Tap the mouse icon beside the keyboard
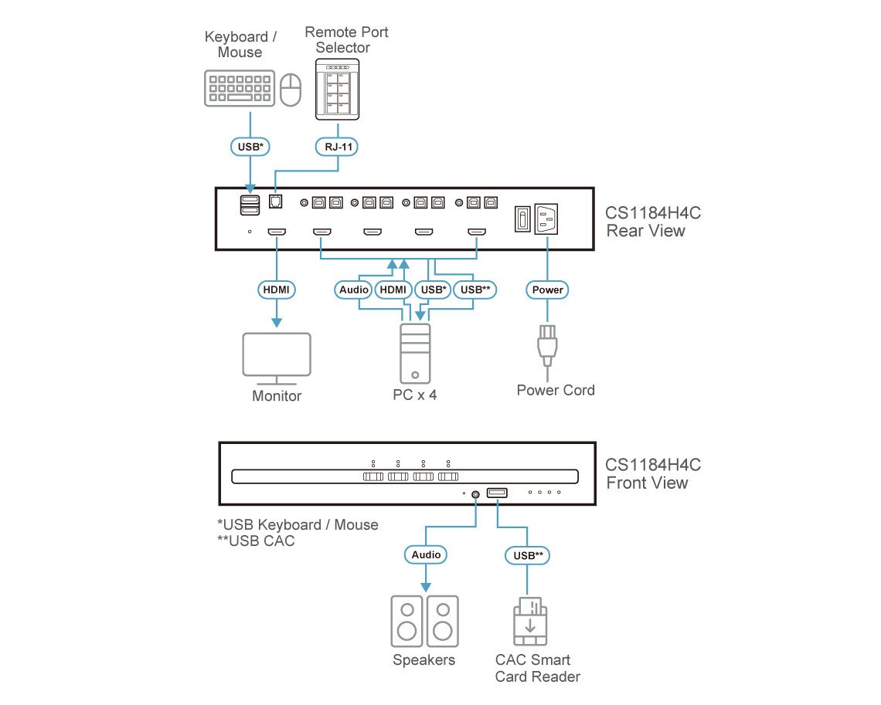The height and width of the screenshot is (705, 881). pyautogui.click(x=290, y=90)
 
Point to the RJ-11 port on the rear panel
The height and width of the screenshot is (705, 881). pyautogui.click(x=275, y=202)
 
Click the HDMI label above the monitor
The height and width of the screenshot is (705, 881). pyautogui.click(x=277, y=290)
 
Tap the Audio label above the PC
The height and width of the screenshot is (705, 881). pyautogui.click(x=354, y=290)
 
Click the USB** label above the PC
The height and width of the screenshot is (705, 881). pyautogui.click(x=475, y=290)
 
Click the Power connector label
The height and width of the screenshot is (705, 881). pyautogui.click(x=547, y=290)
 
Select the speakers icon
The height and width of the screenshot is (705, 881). pyautogui.click(x=424, y=621)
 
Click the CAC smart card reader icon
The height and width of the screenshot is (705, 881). pyautogui.click(x=529, y=622)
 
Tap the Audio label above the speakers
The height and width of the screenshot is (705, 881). pyautogui.click(x=425, y=554)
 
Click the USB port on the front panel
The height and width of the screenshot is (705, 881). pyautogui.click(x=497, y=493)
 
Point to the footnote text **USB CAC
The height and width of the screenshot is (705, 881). pyautogui.click(x=256, y=541)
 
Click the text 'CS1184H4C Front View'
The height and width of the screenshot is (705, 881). pyautogui.click(x=653, y=474)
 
